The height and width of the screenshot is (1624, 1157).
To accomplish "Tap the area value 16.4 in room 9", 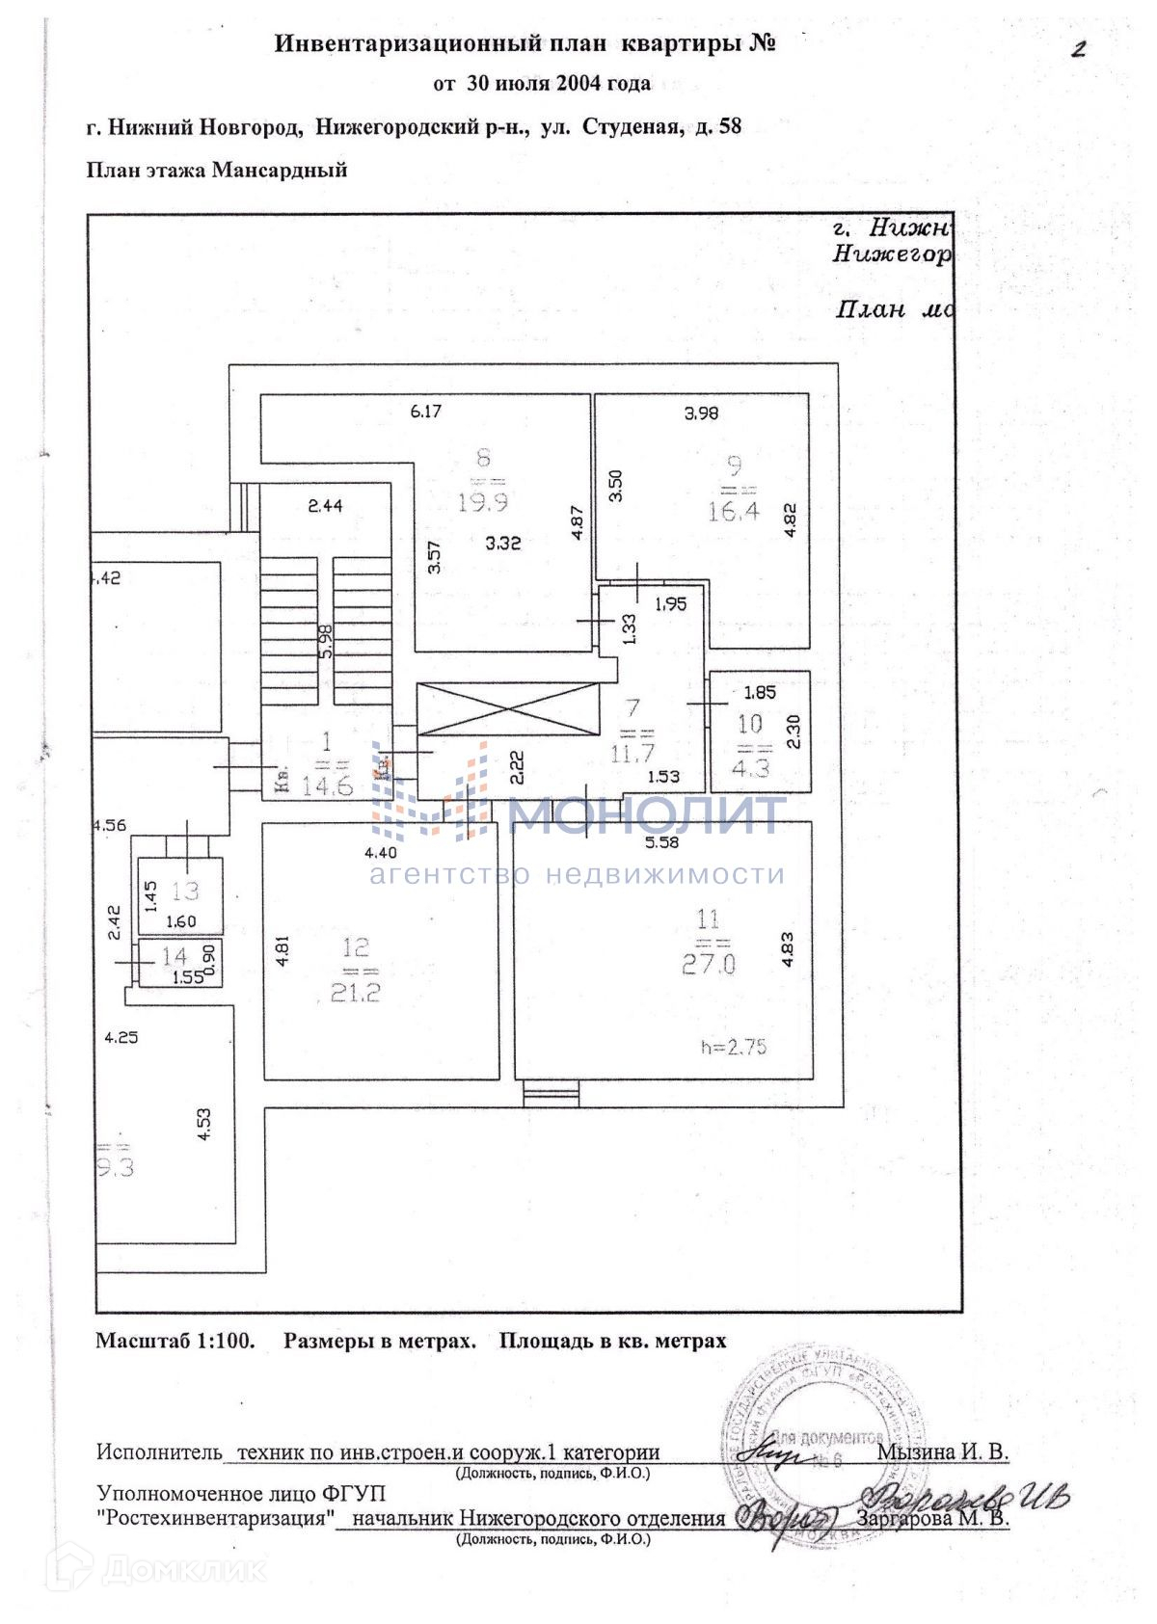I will coord(734,511).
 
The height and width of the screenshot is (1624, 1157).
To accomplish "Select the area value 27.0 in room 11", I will coord(709,964).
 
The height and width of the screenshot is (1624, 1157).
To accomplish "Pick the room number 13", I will coord(184,891).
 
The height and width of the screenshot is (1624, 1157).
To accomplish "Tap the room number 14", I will coord(174,956).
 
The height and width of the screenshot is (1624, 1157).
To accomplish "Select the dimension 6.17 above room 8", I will coord(425,412).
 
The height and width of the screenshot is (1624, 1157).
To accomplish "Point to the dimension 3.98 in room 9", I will coord(701,413).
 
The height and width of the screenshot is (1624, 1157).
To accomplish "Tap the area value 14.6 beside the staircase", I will coord(327,786).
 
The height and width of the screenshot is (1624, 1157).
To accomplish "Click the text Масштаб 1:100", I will coord(175,1341).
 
